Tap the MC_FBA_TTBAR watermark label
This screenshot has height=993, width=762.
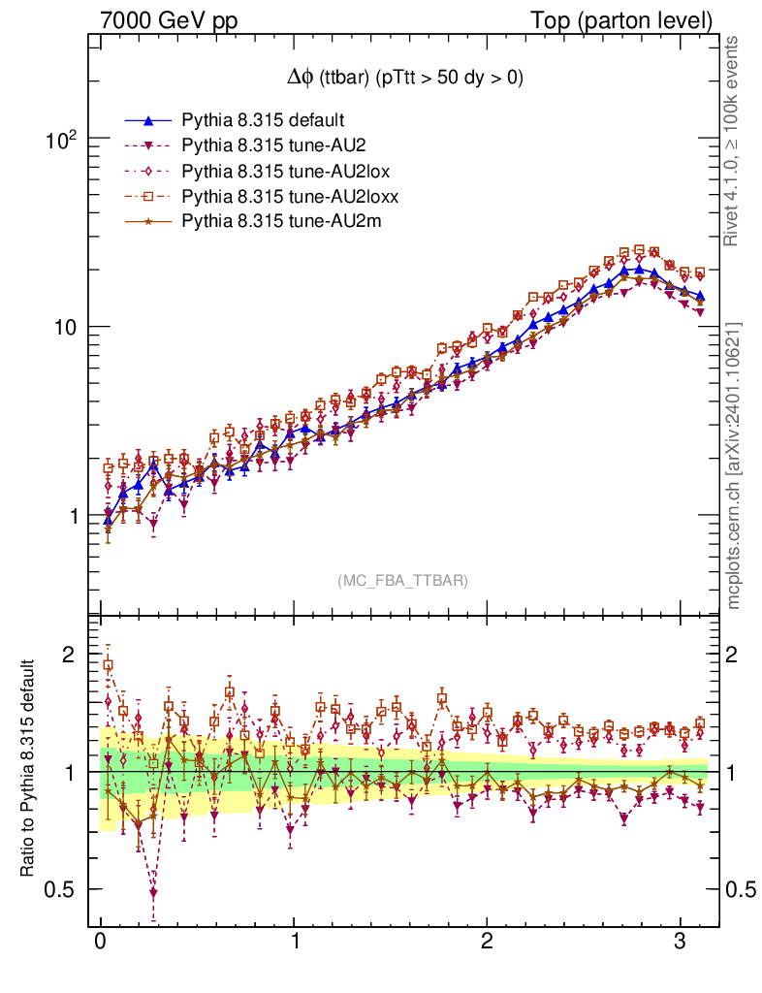point(403,581)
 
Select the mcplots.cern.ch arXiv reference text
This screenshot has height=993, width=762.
point(734,465)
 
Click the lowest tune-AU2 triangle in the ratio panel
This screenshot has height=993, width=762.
point(153,892)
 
